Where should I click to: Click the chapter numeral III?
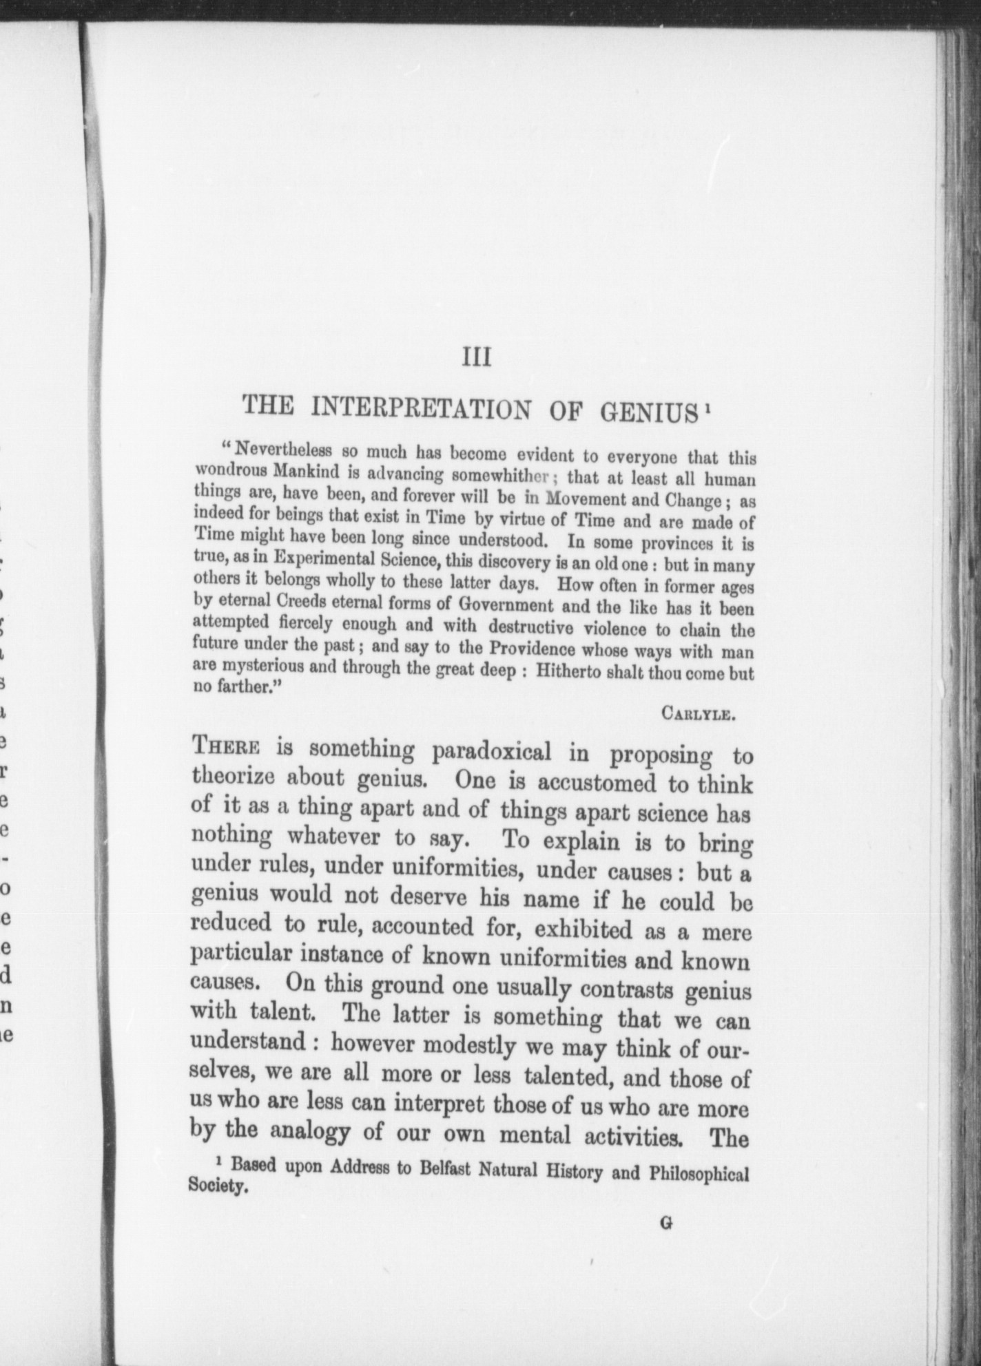coord(477,358)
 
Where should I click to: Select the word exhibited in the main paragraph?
coord(584,930)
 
